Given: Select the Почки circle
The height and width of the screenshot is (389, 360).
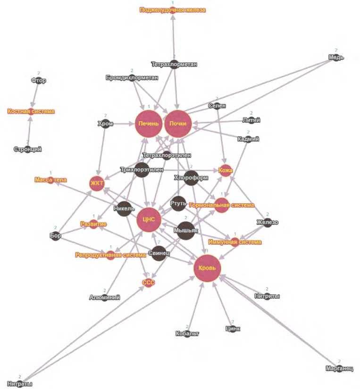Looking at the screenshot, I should point(177,124).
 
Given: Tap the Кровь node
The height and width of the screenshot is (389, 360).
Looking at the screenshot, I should point(207,268).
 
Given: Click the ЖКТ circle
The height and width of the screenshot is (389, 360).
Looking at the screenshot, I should point(97,184).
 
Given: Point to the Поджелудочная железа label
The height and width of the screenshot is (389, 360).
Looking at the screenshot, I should point(173,9).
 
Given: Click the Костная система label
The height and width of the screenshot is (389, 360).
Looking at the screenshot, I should point(31,112).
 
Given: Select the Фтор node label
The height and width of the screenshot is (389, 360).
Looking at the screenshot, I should point(39,81).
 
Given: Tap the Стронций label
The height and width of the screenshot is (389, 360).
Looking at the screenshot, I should point(28,149).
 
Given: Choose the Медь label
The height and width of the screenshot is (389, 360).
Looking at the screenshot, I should point(336,58).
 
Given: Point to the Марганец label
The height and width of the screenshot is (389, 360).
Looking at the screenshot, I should point(339,369).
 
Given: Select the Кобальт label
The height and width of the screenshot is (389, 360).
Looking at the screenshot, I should point(187,334).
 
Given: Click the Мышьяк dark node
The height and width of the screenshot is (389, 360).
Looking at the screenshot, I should point(186,230).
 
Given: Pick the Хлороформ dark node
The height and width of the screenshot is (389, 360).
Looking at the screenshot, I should point(191,178).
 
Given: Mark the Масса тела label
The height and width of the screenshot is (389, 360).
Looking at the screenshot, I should point(50,180).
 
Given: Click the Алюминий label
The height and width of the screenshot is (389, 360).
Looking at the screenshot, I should point(105,298).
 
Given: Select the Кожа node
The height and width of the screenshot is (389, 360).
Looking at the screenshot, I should point(226,171).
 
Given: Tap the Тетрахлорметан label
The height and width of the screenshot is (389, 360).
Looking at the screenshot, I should point(174,64).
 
